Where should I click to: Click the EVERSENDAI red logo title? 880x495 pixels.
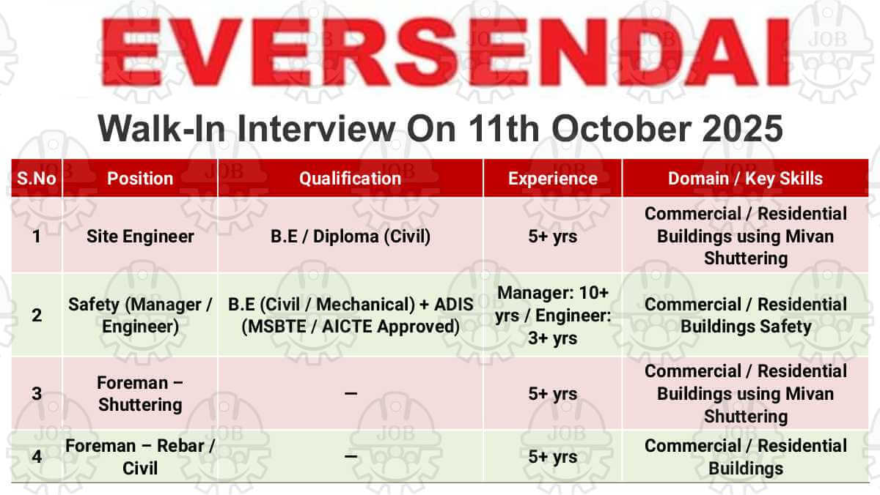point(444,52)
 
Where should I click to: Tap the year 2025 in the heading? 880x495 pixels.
point(742,129)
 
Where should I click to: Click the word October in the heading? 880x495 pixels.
point(622,129)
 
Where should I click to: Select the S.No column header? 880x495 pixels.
point(37,179)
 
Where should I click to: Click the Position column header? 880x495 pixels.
point(140,179)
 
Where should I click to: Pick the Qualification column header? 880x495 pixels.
point(350,179)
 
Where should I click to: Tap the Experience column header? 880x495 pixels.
point(553,179)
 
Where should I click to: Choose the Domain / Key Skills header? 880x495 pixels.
point(745,179)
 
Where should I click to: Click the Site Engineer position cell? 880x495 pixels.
point(140,237)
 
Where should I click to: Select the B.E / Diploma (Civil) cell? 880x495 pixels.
point(351,237)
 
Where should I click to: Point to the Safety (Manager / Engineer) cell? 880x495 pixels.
point(140,316)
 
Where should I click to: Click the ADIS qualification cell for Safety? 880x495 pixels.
point(351,316)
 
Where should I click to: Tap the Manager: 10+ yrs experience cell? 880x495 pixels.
point(553,316)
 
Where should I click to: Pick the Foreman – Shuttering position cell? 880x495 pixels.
point(140,394)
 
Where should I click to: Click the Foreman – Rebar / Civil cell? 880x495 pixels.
point(140,457)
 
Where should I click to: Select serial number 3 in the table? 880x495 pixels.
point(37,394)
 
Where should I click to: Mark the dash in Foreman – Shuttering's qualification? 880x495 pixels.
point(351,393)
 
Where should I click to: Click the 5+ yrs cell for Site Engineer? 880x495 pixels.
point(553,237)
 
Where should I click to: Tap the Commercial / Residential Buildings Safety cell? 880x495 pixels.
point(746,316)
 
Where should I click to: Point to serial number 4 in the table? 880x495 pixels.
point(37,457)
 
